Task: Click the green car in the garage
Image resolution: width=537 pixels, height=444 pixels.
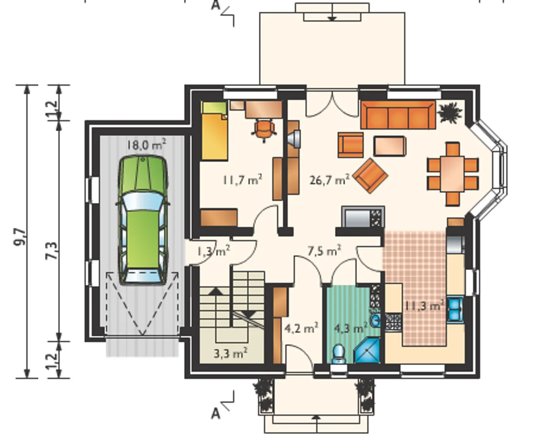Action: (143, 220)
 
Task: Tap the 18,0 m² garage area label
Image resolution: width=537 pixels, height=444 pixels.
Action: (146, 145)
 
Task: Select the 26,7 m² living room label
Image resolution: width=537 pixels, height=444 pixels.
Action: (330, 180)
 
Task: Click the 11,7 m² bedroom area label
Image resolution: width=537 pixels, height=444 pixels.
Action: (242, 180)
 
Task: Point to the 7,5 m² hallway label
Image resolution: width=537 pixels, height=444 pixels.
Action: (324, 251)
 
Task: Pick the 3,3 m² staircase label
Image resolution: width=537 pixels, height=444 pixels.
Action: (231, 353)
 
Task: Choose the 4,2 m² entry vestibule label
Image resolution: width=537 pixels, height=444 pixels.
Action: (302, 328)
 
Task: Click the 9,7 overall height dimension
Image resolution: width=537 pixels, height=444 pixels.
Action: (20, 237)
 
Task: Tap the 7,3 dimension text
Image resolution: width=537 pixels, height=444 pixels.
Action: (52, 250)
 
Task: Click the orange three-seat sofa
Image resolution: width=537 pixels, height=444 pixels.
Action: (398, 115)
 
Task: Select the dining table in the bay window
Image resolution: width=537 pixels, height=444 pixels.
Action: (453, 174)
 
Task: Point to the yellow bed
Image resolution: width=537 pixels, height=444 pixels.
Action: (215, 131)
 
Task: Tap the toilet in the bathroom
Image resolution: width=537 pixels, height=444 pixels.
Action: (339, 353)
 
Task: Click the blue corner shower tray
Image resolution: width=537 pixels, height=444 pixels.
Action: (367, 351)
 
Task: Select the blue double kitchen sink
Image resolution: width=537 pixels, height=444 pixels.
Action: (455, 309)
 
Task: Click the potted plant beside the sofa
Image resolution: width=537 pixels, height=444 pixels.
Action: (450, 112)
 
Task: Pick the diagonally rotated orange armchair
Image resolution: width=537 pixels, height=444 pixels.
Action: (370, 176)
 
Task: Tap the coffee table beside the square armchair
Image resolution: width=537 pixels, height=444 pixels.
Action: (390, 146)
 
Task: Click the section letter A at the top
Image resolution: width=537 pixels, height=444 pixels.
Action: (216, 5)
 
